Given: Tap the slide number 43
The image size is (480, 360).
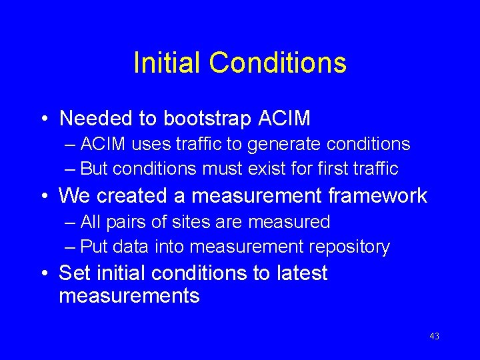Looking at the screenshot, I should [x=434, y=337].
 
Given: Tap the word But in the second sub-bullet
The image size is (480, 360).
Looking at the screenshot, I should [x=94, y=169].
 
